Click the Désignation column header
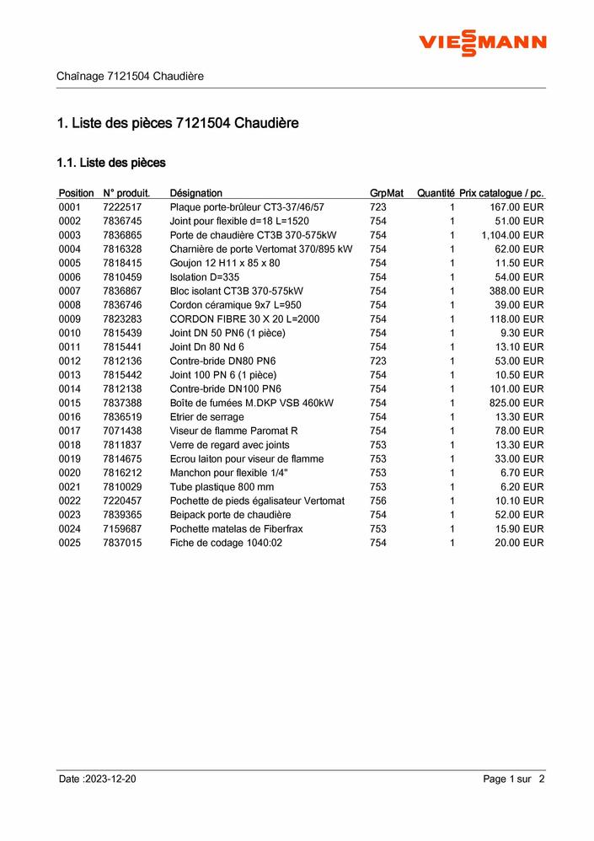coord(196,193)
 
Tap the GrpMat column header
coord(387,193)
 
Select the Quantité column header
coord(436,193)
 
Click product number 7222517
coord(122,207)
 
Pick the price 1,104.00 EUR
coord(512,235)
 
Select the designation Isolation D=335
coord(205,277)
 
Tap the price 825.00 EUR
coord(517,403)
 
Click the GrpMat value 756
coord(378,501)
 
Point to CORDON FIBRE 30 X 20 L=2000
coord(244,319)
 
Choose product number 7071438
coord(122,431)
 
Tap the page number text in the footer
coord(514,779)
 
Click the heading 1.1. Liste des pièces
coord(111,162)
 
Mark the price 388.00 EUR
coord(517,291)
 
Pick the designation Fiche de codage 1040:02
coord(226,543)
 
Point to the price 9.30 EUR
coord(522,333)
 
